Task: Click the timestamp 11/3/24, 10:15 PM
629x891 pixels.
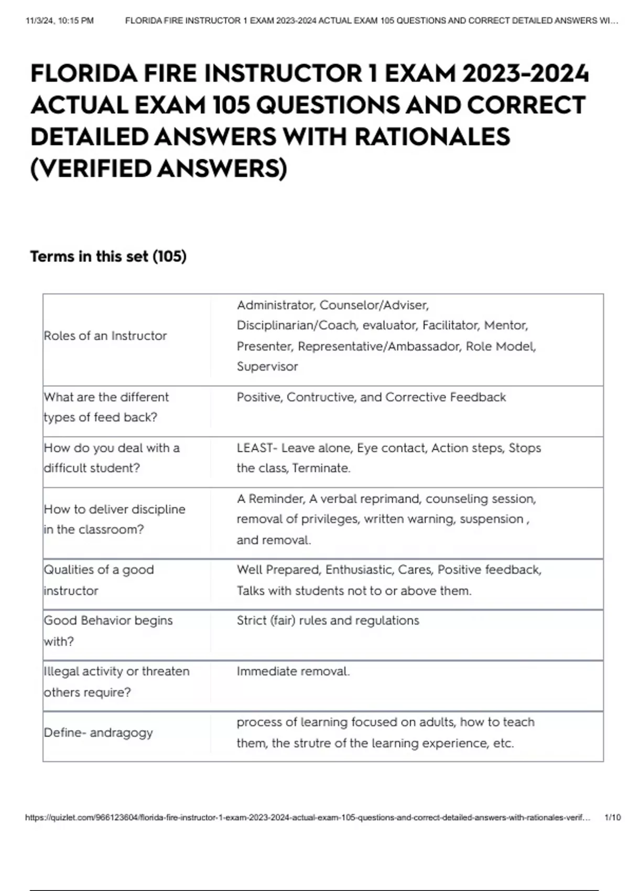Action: point(59,21)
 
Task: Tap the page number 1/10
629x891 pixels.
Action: point(612,817)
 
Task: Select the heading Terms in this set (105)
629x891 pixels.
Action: point(108,256)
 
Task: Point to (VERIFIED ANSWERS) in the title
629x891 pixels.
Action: point(158,169)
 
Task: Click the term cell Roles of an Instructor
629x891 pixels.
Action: point(105,336)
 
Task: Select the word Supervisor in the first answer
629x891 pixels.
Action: point(267,366)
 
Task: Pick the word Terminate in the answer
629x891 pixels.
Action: point(321,468)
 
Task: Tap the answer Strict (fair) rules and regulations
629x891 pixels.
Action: point(328,621)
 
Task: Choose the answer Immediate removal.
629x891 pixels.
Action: point(293,671)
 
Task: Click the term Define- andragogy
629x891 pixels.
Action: point(98,733)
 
